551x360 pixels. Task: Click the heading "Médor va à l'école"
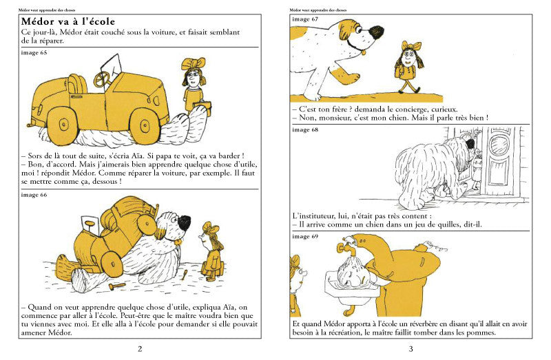(68, 22)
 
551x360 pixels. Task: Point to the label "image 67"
(305, 19)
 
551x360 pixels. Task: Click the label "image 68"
(305, 129)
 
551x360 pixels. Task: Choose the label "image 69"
(305, 236)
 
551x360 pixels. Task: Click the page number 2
(140, 349)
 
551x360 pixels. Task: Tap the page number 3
(410, 349)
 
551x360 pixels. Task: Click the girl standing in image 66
(209, 251)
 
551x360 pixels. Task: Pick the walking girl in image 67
(411, 67)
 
